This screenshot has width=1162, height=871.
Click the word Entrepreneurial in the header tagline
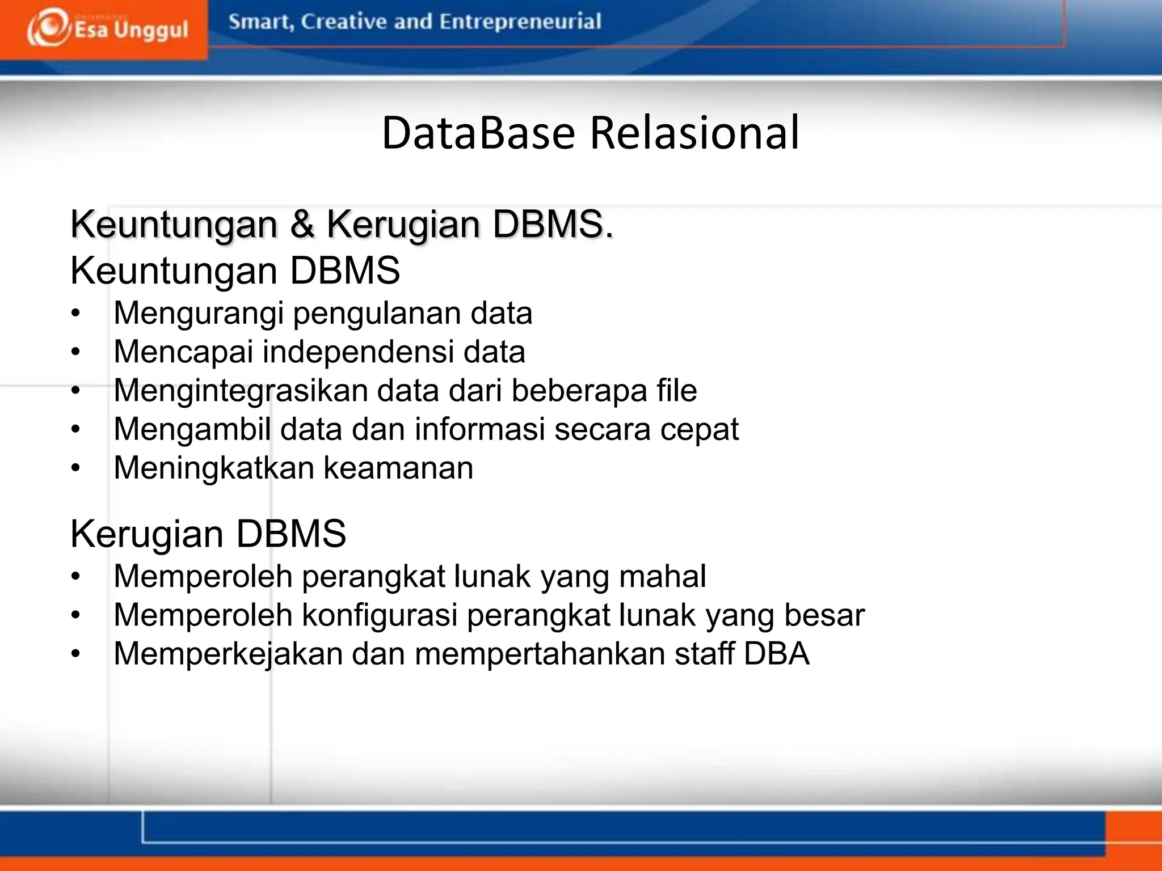coord(520,22)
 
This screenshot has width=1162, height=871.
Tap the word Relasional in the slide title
coord(694,133)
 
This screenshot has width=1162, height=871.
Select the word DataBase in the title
coord(478,133)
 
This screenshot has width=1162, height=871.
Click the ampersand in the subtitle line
coord(302,224)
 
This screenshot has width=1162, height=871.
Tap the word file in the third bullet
coord(676,390)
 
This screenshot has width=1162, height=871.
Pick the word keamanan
coord(398,468)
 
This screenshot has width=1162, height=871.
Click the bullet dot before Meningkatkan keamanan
coord(76,468)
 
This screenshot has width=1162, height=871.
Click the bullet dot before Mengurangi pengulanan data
coord(76,314)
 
